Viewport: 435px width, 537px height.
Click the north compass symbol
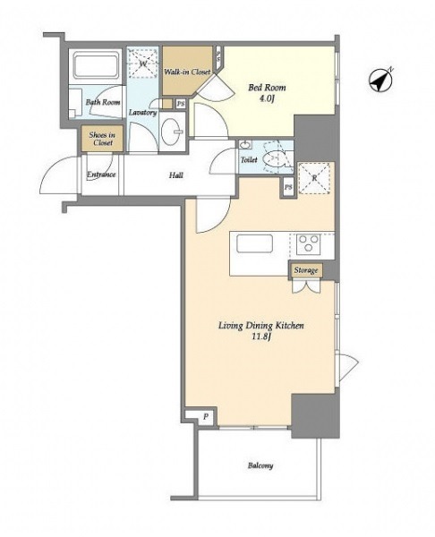[380, 81]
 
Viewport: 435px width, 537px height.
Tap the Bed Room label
[267, 88]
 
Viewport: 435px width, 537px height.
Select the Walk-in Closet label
[187, 72]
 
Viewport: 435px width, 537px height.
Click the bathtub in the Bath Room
[96, 65]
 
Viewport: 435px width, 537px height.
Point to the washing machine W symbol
[143, 63]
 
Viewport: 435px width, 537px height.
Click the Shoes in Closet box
[102, 139]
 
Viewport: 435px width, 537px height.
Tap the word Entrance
[101, 175]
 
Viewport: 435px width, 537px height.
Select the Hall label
[176, 175]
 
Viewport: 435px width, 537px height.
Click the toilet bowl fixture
[275, 159]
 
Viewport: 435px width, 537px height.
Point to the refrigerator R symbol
[314, 178]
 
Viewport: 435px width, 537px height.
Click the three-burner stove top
[309, 243]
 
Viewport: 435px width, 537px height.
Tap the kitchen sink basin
[254, 243]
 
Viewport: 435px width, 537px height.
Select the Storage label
[306, 270]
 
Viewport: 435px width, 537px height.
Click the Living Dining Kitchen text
[261, 326]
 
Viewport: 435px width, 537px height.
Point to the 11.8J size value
[262, 337]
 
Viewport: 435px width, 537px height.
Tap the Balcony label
[260, 465]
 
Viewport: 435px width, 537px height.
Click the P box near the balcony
[206, 417]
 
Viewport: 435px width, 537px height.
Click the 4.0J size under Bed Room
[267, 99]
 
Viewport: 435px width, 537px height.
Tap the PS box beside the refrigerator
[288, 187]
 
